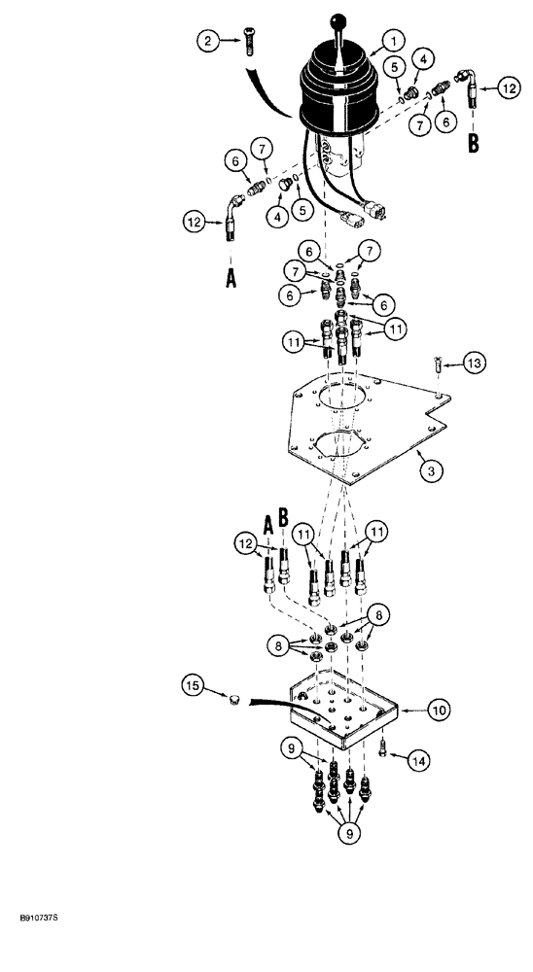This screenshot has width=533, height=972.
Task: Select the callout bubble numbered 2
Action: [206, 41]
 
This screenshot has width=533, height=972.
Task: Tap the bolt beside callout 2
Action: [248, 44]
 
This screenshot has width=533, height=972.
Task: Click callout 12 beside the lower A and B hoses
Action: [246, 541]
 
